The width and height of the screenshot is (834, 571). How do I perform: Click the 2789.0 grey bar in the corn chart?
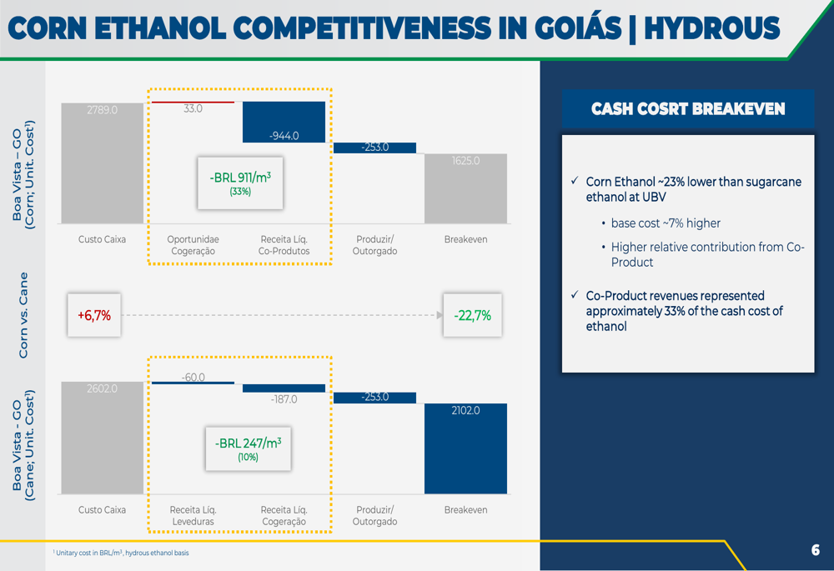point(102,163)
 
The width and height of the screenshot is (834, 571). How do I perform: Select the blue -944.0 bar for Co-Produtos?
point(284,122)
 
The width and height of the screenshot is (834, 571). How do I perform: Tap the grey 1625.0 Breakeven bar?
point(465,188)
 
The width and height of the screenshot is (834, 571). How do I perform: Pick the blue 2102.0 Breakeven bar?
point(465,448)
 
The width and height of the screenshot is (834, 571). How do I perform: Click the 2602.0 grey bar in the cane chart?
point(102,438)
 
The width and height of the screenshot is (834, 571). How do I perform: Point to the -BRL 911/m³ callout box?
point(240,183)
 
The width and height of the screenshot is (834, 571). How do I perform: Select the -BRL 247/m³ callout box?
point(249,448)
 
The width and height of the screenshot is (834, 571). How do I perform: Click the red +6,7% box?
point(94,315)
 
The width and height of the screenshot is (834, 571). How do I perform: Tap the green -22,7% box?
point(472,315)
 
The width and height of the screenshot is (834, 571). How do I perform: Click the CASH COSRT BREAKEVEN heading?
point(688,109)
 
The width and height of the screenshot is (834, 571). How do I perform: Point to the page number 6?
point(816,549)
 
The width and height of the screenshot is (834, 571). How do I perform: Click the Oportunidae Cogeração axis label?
point(193,245)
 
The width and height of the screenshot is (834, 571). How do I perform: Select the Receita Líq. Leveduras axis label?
point(193,516)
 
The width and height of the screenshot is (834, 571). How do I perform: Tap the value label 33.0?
point(193,108)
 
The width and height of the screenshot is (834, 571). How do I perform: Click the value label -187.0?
point(284,398)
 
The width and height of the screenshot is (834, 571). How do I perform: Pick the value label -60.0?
point(193,377)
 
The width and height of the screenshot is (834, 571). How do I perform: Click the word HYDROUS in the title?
point(711,28)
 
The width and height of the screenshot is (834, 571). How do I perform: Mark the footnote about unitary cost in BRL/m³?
point(121,553)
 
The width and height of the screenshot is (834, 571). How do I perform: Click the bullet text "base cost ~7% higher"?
point(666,223)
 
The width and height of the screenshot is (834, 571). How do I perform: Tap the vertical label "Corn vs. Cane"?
point(23,315)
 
